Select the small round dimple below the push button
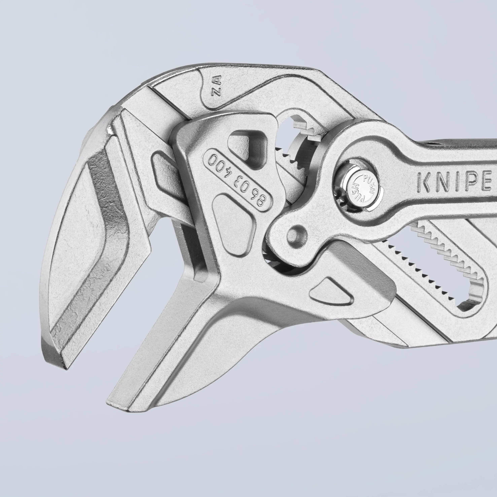tap(297, 233)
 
